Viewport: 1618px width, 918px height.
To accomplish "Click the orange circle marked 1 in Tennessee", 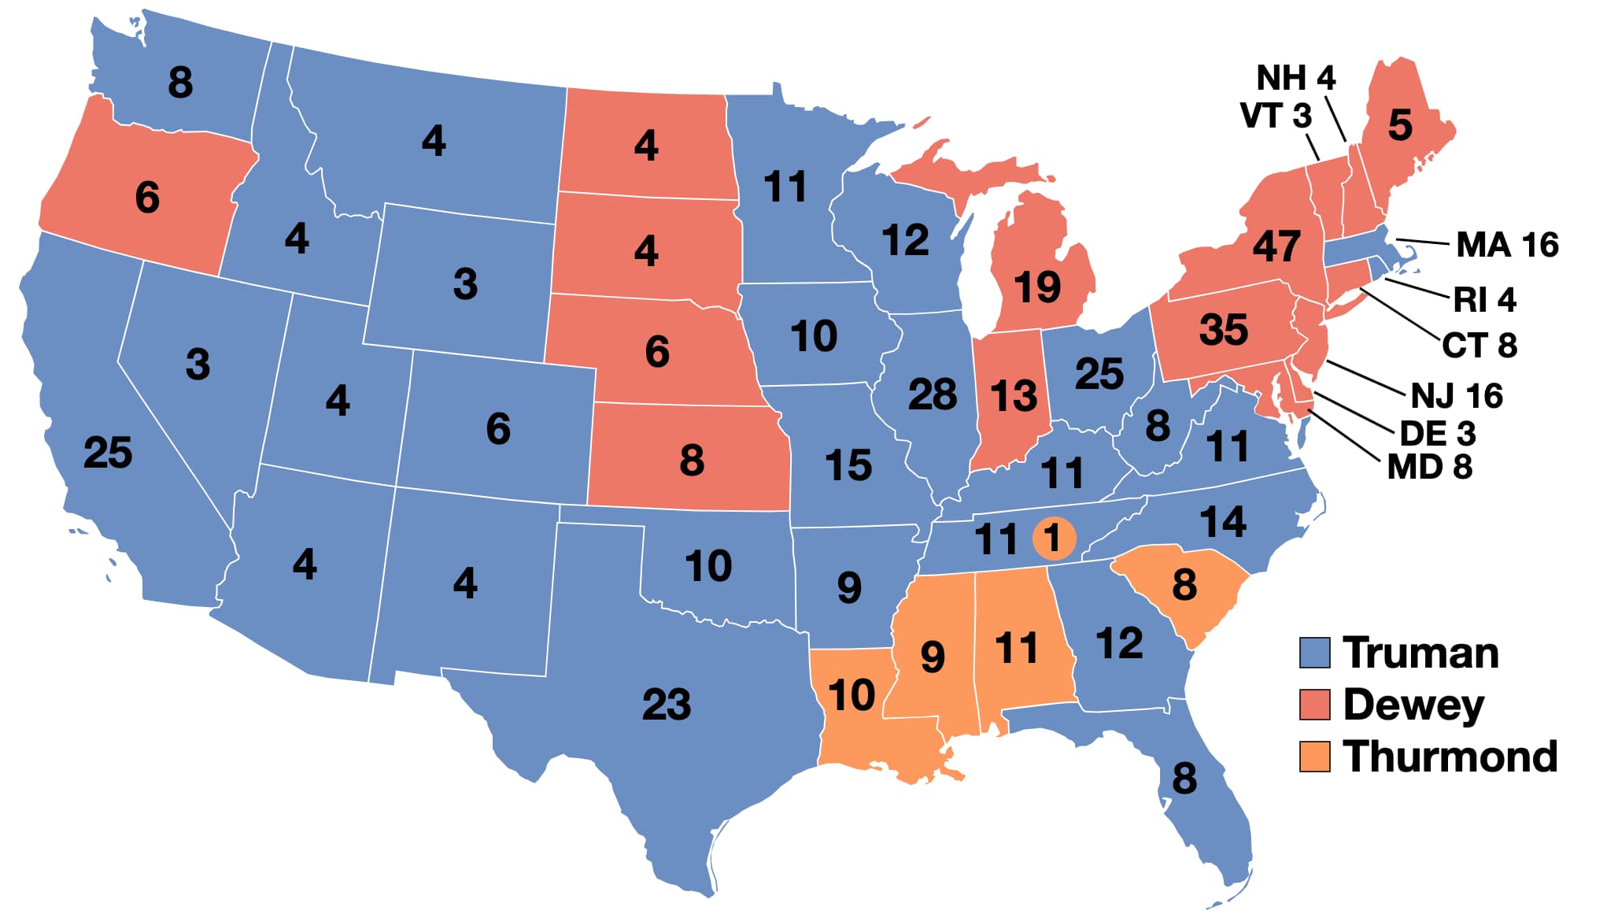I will point(1053,539).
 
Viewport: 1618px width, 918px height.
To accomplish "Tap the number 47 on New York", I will point(1276,246).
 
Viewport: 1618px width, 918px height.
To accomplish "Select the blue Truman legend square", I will point(1314,653).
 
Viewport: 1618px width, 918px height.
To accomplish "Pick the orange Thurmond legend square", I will point(1314,757).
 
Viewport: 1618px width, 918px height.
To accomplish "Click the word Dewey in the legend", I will point(1413,705).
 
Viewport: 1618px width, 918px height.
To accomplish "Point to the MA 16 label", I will point(1506,245).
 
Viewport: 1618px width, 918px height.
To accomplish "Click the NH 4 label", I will point(1295,78).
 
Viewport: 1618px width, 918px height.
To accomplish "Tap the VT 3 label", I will point(1276,116).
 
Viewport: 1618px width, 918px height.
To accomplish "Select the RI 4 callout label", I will point(1484,300).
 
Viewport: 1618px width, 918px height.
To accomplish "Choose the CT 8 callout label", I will point(1479,346).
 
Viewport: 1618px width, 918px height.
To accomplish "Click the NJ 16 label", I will point(1457,396).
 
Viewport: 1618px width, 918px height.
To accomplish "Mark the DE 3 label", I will point(1437,434).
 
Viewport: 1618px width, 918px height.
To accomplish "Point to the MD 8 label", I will point(1429,468).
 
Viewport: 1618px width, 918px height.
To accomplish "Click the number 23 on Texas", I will point(667,705).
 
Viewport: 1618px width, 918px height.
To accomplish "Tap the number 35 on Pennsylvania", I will point(1224,330).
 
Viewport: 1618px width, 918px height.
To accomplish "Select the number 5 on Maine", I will point(1400,125).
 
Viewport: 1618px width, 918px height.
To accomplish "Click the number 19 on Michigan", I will point(1037,287).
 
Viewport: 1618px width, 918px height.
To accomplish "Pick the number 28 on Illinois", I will point(933,394).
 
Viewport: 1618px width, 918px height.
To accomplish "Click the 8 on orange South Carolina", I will point(1184,585).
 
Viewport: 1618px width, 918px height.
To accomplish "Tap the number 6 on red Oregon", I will point(147,197).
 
